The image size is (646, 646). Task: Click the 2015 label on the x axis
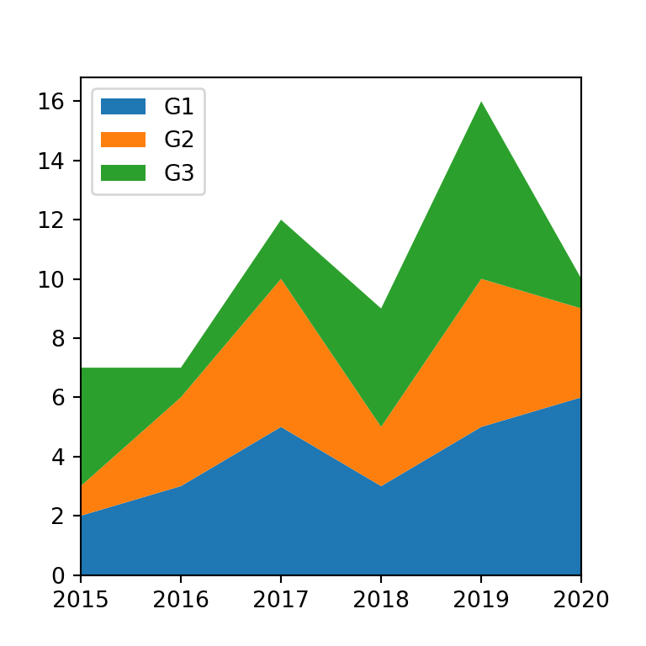81,600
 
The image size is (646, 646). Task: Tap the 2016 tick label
181,600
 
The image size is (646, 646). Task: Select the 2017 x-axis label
281,600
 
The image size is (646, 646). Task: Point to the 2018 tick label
381,600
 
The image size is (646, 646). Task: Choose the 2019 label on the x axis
480,600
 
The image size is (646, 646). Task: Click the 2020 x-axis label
580,600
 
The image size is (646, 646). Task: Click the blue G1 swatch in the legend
123,107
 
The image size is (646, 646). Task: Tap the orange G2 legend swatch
123,140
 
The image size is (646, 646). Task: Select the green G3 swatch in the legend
123,173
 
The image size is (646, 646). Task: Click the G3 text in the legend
179,173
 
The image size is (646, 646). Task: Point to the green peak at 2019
480,103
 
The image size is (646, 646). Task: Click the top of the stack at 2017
281,220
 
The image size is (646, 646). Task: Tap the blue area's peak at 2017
281,427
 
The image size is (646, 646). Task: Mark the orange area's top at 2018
381,426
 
